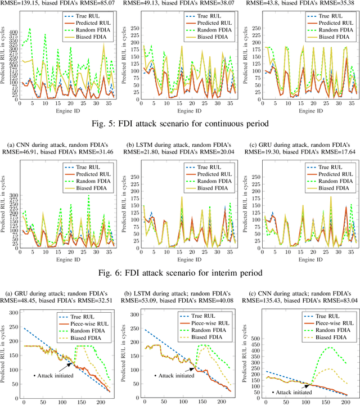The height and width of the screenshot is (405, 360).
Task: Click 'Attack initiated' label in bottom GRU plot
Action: pos(53,375)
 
